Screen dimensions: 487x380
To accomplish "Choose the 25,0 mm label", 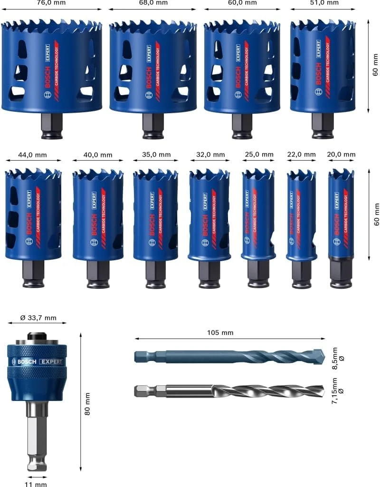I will click(x=258, y=155).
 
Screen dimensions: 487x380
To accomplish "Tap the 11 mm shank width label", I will click(x=37, y=484).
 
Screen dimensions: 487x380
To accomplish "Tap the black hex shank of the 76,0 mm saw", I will click(x=51, y=126).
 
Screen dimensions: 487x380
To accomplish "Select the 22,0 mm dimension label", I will click(x=301, y=155).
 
